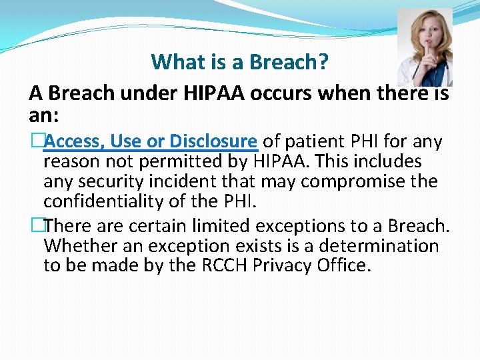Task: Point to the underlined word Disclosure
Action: [213, 141]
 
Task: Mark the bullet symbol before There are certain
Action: [37, 226]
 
